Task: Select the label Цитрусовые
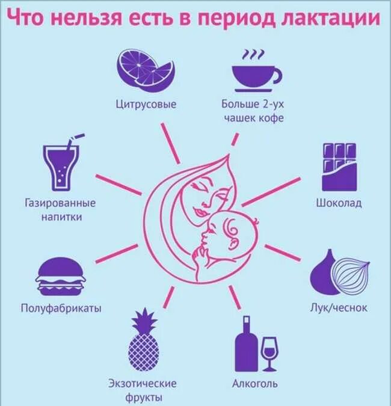point(146,104)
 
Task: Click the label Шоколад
point(339,203)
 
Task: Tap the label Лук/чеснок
point(339,308)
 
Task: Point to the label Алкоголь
point(255,383)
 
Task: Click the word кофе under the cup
point(271,118)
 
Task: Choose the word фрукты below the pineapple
point(143,398)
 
